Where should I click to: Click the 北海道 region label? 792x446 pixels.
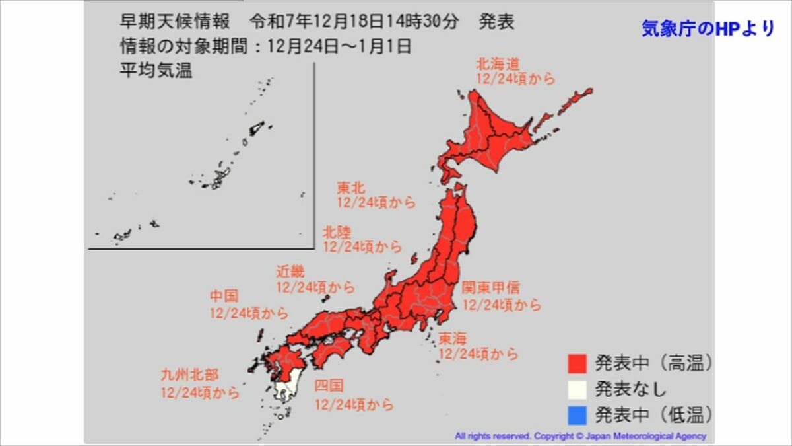(x=498, y=64)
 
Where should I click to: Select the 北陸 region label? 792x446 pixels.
(x=337, y=232)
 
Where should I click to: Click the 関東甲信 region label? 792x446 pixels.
(x=490, y=288)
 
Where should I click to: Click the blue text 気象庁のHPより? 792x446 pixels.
(x=708, y=29)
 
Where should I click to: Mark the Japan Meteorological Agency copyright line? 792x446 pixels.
(x=580, y=436)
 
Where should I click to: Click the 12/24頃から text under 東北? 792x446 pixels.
(x=376, y=203)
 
